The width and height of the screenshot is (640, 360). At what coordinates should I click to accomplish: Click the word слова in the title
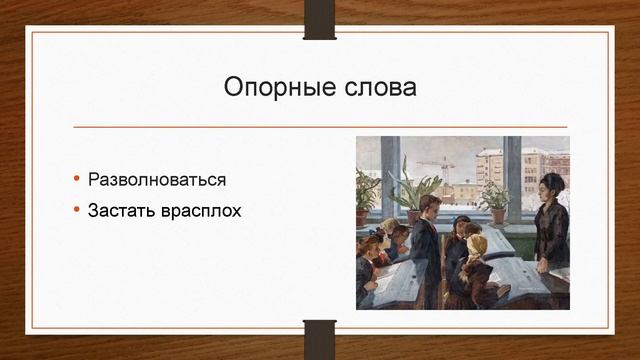378,88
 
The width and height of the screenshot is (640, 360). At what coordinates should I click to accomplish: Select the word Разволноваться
156,181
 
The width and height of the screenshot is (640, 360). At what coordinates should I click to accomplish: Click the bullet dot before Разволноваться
77,181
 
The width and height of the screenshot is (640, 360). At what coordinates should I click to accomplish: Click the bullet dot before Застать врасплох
77,211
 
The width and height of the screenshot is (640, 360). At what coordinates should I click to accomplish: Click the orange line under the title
320,127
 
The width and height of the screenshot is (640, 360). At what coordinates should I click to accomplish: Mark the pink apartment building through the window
489,165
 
